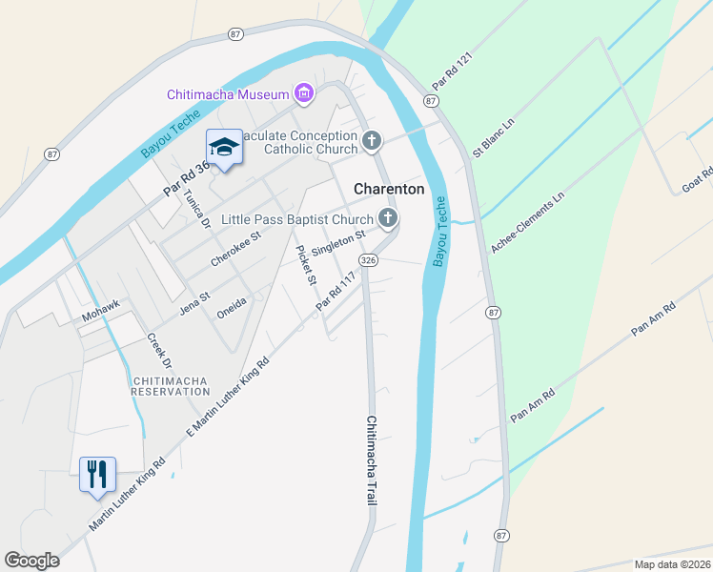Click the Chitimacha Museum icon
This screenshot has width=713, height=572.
pyautogui.click(x=304, y=93)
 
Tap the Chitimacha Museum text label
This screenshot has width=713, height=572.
pyautogui.click(x=228, y=94)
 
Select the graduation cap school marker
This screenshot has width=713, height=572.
pyautogui.click(x=224, y=147)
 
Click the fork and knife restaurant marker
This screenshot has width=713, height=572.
pyautogui.click(x=96, y=474)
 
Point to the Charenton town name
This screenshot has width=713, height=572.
pyautogui.click(x=389, y=189)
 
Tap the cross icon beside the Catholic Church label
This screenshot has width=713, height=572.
pyautogui.click(x=372, y=142)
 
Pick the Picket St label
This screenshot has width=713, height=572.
pyautogui.click(x=306, y=266)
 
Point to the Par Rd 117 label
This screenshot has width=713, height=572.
pyautogui.click(x=336, y=289)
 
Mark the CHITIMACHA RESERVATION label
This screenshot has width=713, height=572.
pyautogui.click(x=170, y=386)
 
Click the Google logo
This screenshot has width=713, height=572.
pyautogui.click(x=32, y=561)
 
